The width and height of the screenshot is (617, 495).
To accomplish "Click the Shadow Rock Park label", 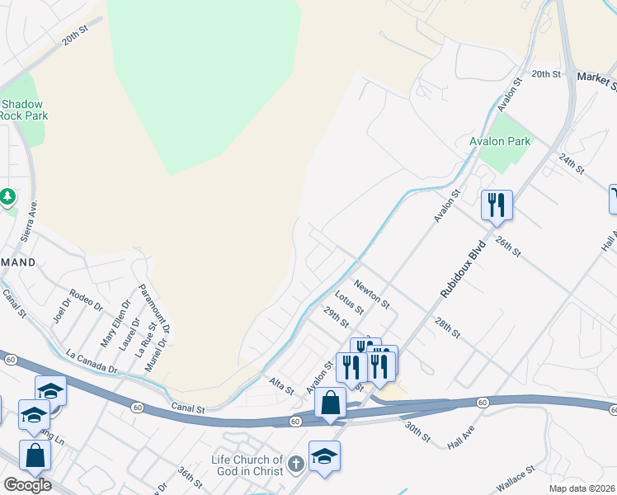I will [24, 110].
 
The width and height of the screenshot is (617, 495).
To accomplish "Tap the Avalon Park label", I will [500, 141].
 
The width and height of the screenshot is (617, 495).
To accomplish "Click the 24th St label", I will [570, 163].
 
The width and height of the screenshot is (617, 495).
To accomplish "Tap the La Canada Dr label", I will [92, 360].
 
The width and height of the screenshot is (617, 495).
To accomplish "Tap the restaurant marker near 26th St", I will [497, 205].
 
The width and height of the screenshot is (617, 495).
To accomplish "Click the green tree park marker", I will [7, 196].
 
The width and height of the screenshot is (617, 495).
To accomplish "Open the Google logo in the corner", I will [27, 485].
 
